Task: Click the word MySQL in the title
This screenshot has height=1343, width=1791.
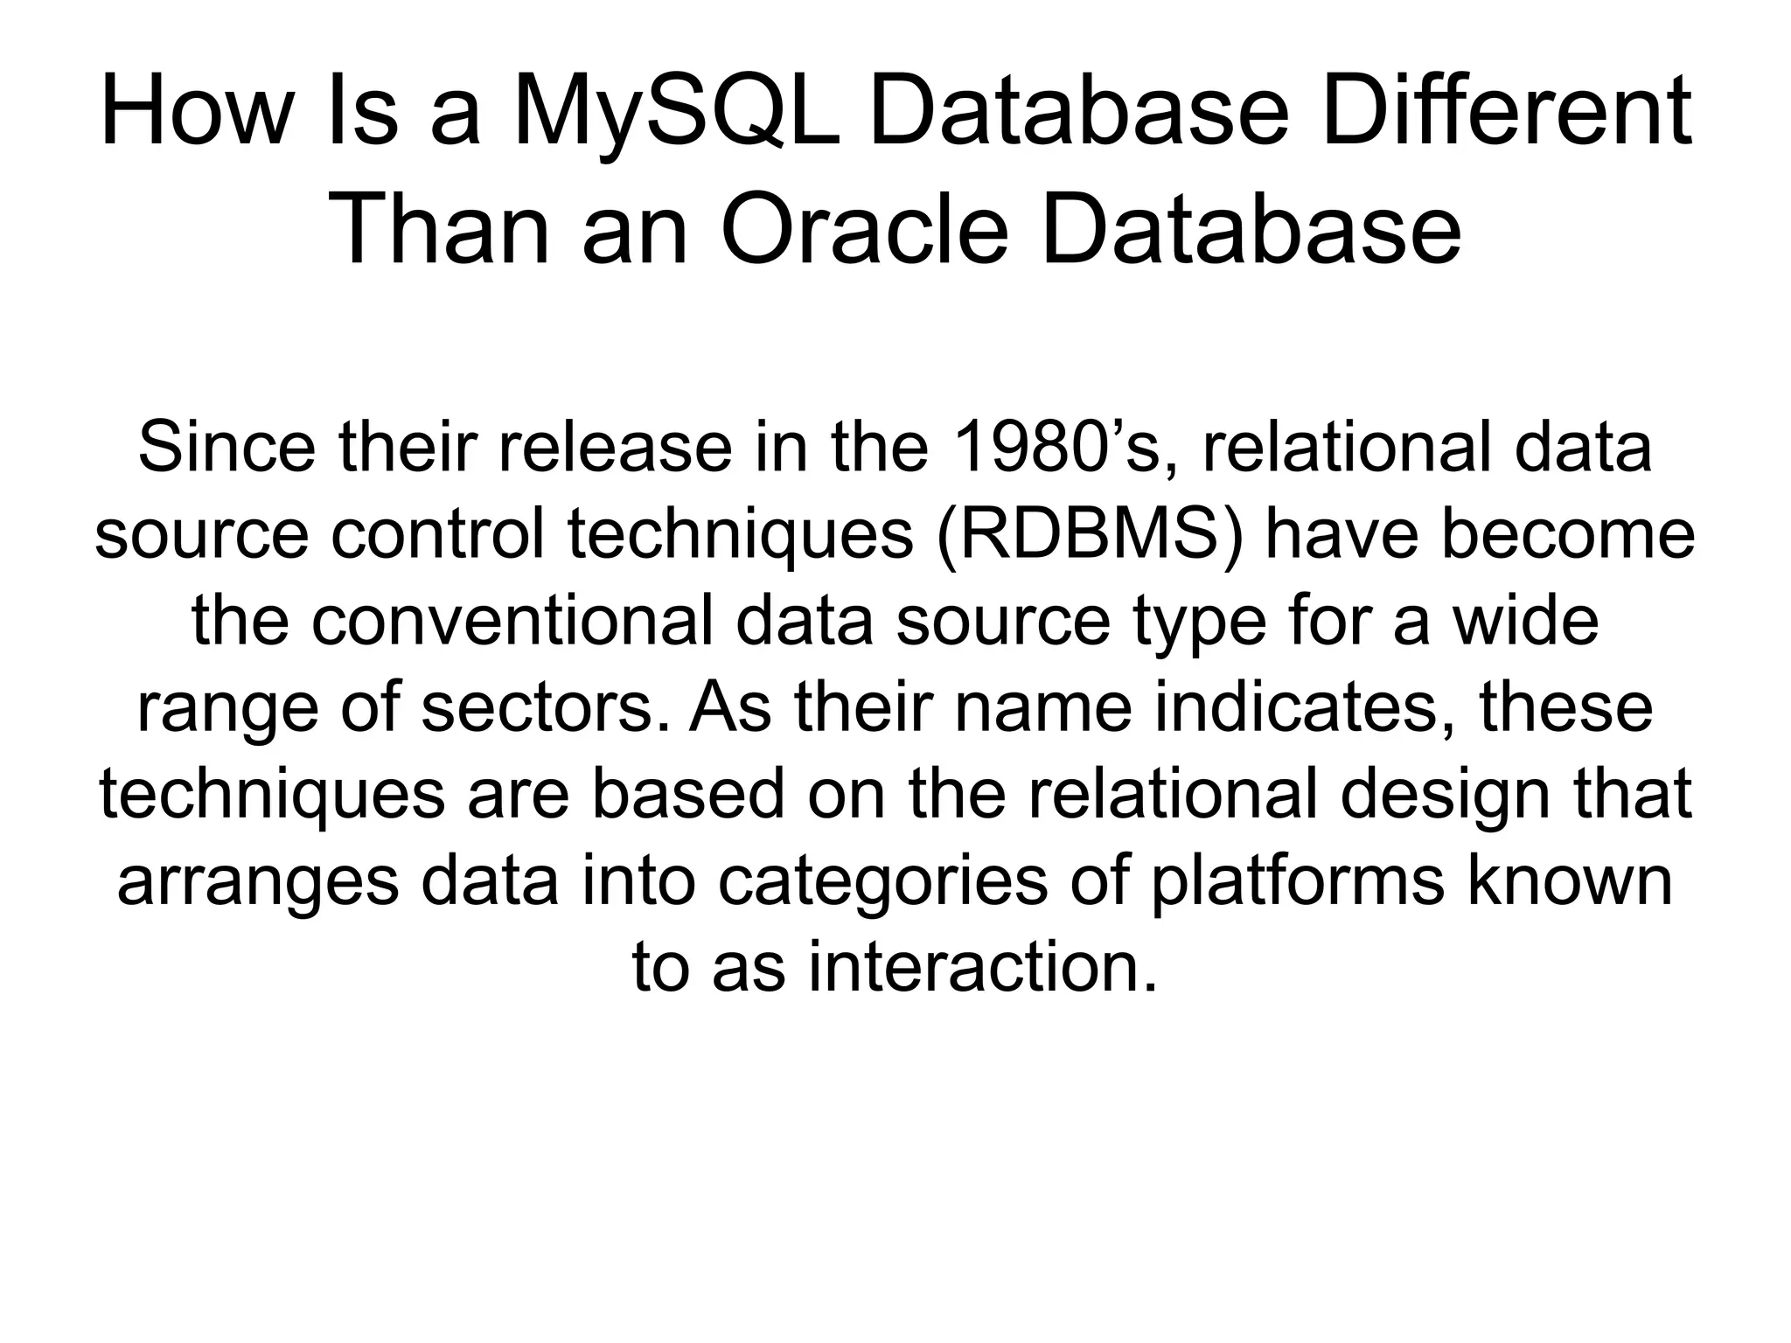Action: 674,113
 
